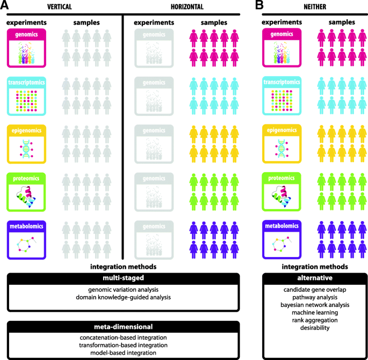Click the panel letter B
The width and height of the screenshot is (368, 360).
coord(259,6)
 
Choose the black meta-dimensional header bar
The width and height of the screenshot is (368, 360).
coord(123,326)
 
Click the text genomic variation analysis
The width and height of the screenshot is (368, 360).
coord(123,290)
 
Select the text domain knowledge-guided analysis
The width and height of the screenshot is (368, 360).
coord(123,297)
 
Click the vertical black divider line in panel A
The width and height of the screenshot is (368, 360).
coord(123,134)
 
